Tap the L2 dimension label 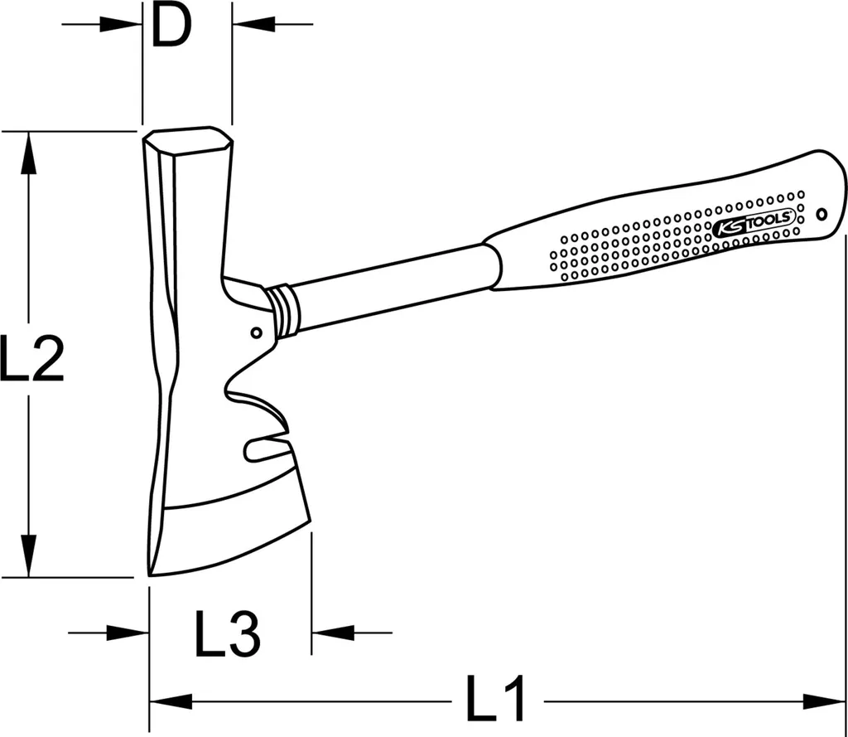[32, 358]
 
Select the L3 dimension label [227, 633]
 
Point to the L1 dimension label [495, 698]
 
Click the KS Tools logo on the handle [754, 223]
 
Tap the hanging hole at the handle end [821, 215]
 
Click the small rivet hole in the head [257, 332]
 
